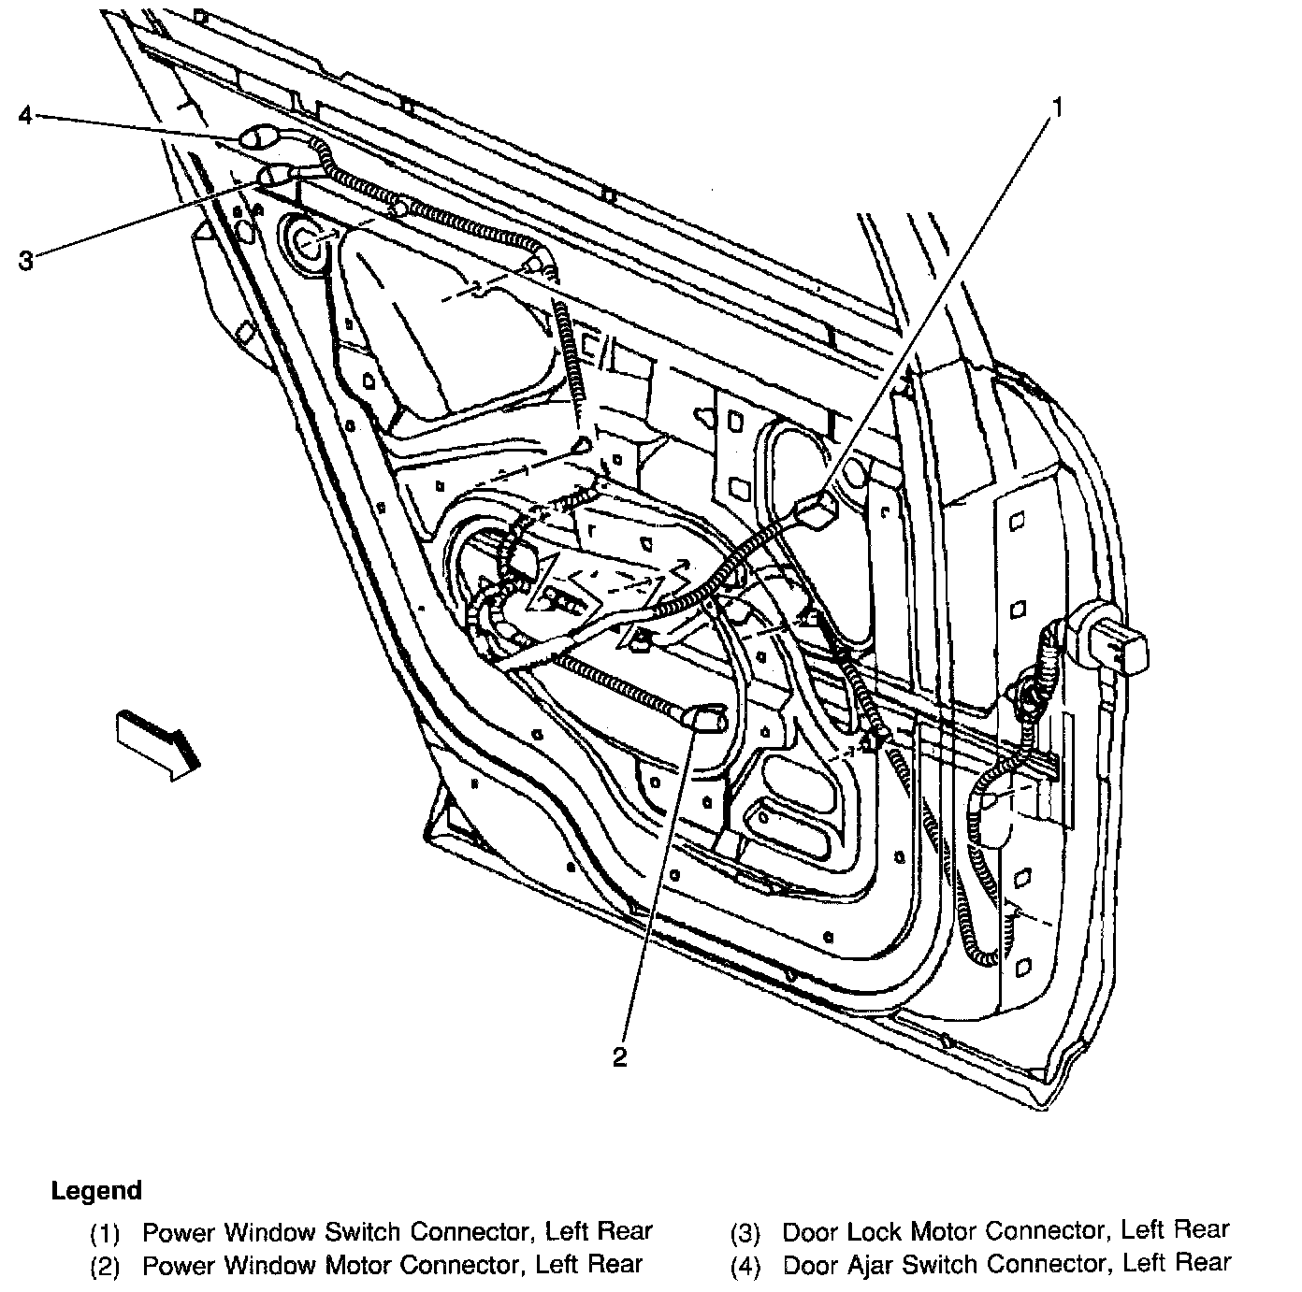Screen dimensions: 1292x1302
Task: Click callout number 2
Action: (x=619, y=1056)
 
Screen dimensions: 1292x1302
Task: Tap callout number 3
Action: (x=25, y=260)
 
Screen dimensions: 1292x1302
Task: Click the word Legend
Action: (x=96, y=1190)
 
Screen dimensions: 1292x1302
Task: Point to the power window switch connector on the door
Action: (x=813, y=511)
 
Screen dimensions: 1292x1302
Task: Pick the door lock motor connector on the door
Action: (x=275, y=175)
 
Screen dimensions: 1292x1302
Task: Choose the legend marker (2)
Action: (x=105, y=1267)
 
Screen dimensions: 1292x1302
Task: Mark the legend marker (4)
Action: (x=745, y=1267)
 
